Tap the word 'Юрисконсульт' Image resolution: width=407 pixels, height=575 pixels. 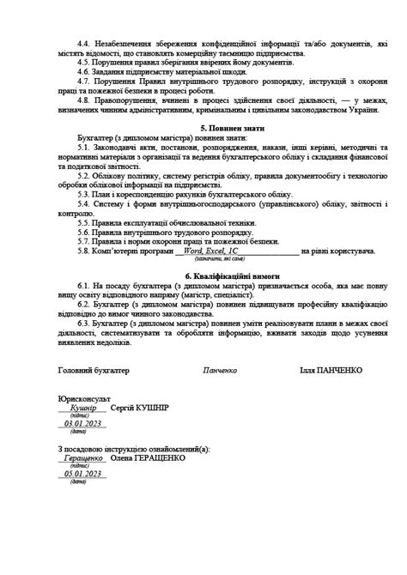pyautogui.click(x=85, y=398)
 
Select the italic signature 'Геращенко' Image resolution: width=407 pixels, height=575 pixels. pyautogui.click(x=83, y=458)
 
